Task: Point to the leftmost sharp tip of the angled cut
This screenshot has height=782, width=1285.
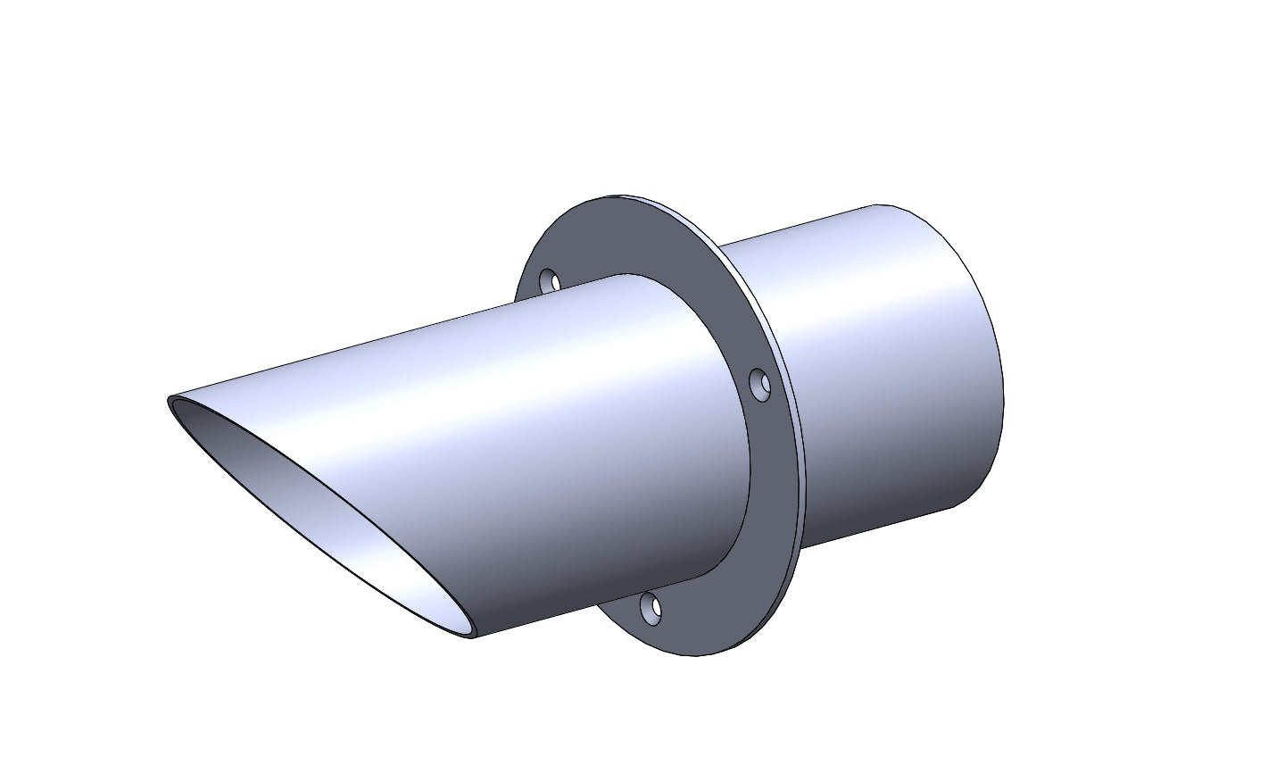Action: (x=170, y=403)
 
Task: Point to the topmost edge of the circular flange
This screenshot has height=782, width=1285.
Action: (x=625, y=196)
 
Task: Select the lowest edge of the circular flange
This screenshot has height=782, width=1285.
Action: (x=696, y=654)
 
